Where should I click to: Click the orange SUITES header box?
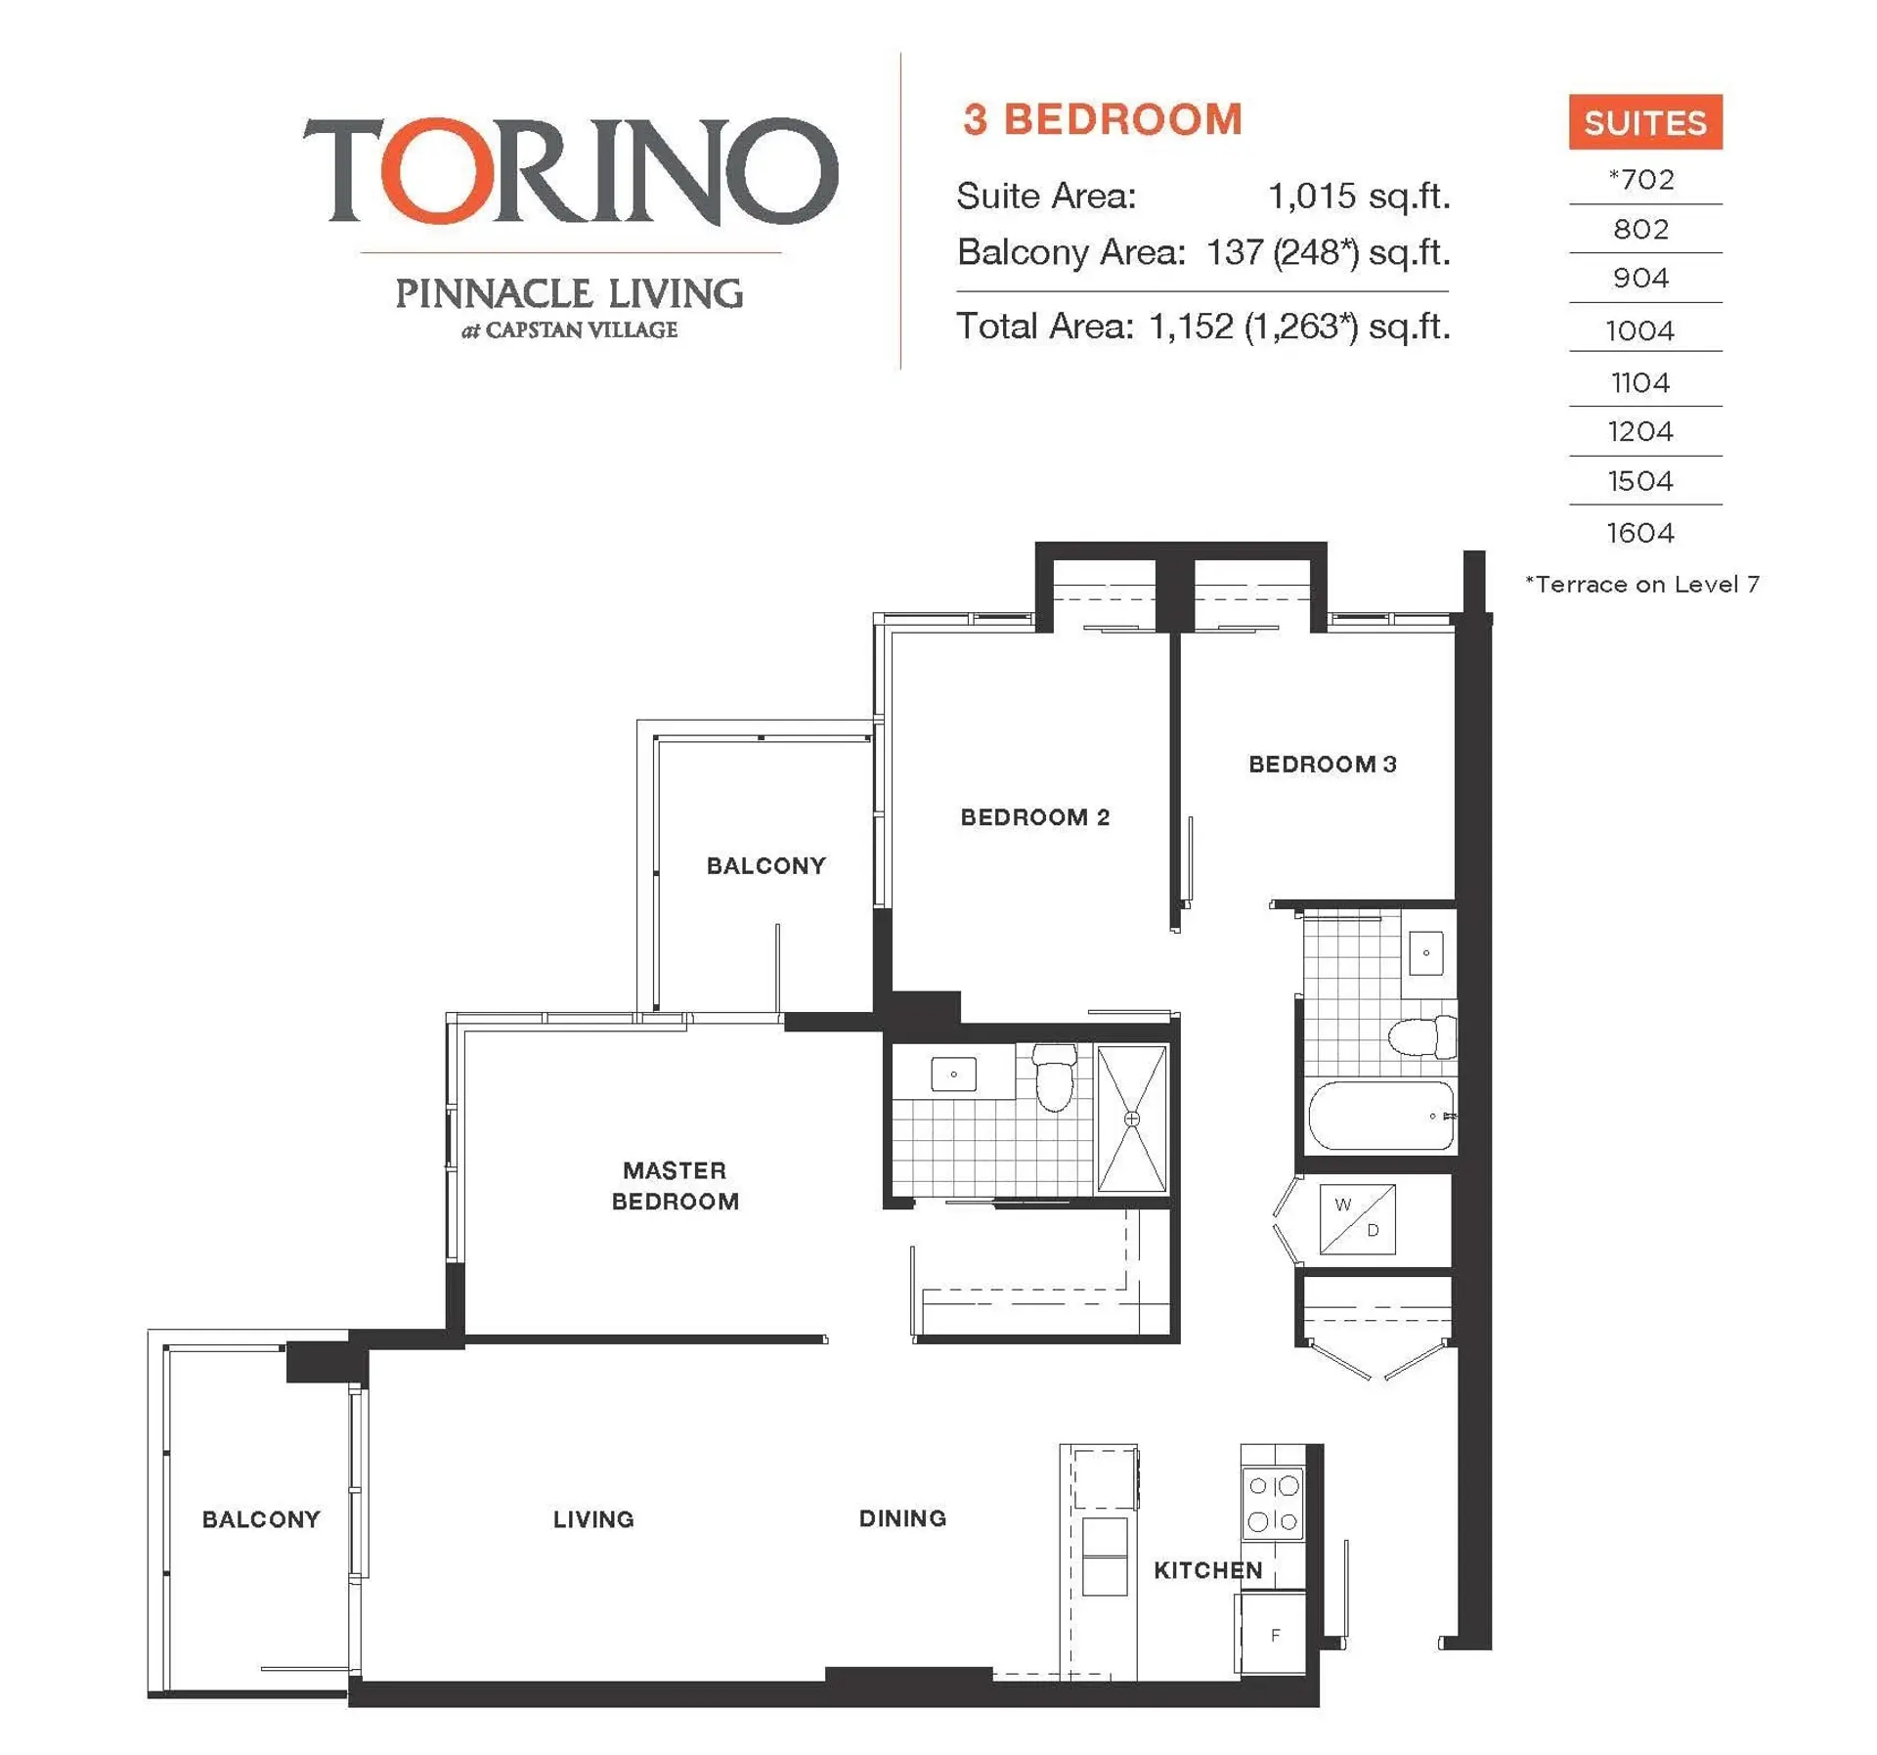click(1644, 122)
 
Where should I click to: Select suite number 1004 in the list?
click(1639, 330)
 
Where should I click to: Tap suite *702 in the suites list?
click(1640, 180)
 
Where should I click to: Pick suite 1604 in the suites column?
click(1639, 533)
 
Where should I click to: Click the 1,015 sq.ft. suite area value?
click(1358, 197)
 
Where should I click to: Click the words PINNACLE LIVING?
click(568, 293)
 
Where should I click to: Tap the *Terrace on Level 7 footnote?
click(1641, 585)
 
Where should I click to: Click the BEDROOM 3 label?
click(1322, 764)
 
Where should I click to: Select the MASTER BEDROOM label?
click(675, 1185)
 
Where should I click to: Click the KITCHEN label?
click(1207, 1569)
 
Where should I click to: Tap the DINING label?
click(901, 1517)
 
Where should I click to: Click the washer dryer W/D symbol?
click(1357, 1218)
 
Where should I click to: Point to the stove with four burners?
click(1273, 1503)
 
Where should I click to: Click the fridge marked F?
click(1274, 1634)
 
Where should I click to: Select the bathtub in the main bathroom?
click(1379, 1115)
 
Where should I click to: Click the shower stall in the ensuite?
click(1131, 1119)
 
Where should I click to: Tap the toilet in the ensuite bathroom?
click(1054, 1078)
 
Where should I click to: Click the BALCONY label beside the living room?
click(261, 1518)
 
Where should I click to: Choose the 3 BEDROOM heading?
click(1102, 119)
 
